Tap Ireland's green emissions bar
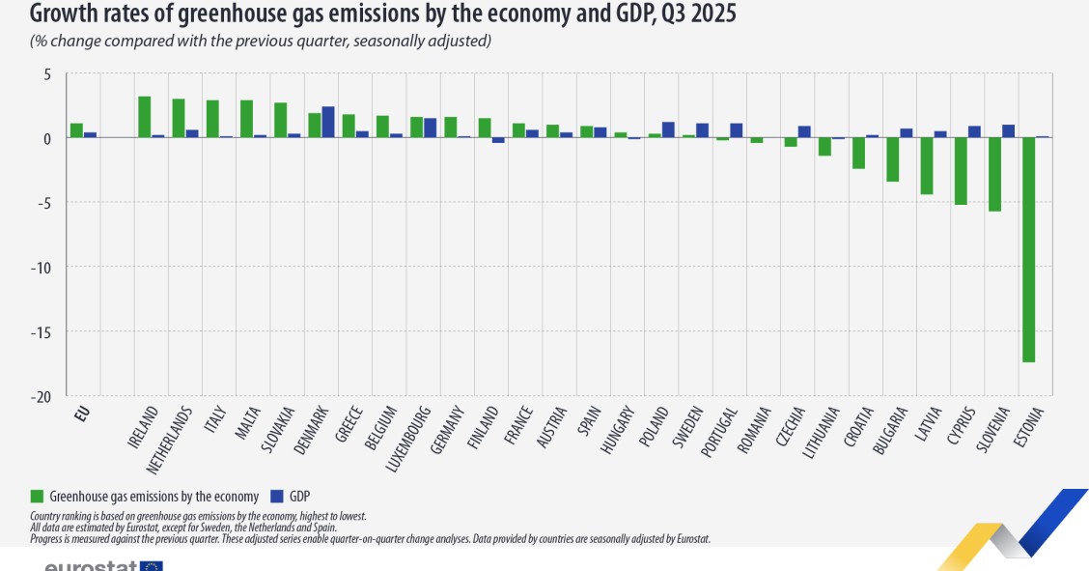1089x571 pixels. [144, 117]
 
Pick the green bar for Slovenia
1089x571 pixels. [994, 174]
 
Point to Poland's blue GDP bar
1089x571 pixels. [668, 129]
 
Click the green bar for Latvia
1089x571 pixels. [927, 166]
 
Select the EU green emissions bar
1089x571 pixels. [76, 130]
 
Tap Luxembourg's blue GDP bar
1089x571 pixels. [430, 128]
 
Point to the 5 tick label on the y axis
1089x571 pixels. [44, 73]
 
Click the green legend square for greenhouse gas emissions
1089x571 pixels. [38, 496]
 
